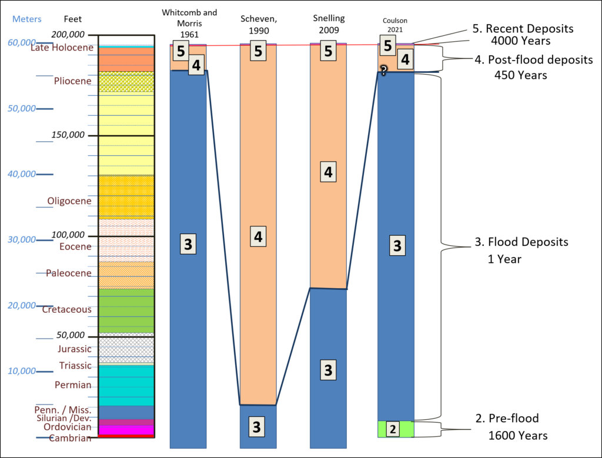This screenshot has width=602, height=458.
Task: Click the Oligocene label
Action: click(69, 201)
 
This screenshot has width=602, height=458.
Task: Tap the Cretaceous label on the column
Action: click(67, 309)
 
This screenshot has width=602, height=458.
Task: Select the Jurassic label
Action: click(75, 349)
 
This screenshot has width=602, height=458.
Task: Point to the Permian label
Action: click(73, 385)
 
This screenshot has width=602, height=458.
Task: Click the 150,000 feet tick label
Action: click(68, 135)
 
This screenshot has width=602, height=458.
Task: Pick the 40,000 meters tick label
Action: click(22, 174)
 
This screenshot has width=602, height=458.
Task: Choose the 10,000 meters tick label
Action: click(22, 371)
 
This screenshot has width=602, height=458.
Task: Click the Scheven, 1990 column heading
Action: click(259, 25)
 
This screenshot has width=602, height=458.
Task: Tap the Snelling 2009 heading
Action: click(329, 24)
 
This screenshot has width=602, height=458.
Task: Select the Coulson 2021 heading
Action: click(395, 25)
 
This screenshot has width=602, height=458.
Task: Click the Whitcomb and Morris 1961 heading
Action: click(189, 24)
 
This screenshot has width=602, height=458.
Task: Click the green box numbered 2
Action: click(392, 429)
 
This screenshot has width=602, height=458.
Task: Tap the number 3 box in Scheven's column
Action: click(256, 426)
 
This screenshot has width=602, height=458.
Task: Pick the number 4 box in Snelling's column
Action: click(328, 172)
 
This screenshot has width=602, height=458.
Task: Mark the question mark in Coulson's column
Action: click(383, 70)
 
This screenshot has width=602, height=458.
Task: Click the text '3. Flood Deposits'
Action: click(521, 242)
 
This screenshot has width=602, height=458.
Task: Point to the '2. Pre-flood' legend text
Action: click(507, 418)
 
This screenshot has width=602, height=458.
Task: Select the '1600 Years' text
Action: click(518, 435)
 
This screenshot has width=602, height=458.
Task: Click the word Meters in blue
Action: click(27, 19)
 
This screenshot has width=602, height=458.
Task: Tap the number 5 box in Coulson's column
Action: click(388, 45)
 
